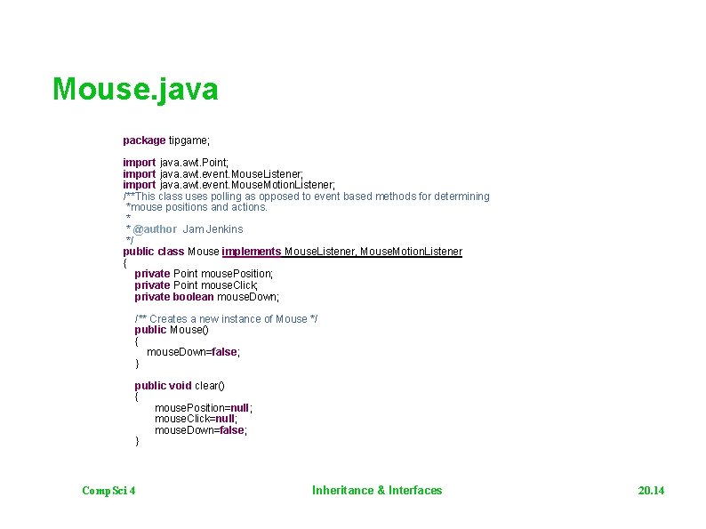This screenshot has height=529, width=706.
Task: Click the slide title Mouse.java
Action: coord(135,90)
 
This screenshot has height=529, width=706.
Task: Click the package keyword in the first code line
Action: coord(144,140)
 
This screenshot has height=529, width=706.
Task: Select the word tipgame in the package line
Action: coord(187,140)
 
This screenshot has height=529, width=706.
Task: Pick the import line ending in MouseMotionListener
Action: coord(229,185)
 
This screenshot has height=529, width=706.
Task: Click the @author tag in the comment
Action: coord(155,229)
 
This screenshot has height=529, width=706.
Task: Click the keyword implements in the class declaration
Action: coord(252,252)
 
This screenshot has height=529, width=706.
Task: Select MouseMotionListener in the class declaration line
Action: coord(411,252)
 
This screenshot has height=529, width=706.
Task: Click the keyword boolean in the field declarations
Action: coord(193,297)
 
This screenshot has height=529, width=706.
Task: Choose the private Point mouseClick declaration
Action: coord(196,285)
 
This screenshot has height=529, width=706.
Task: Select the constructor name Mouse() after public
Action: coord(189,330)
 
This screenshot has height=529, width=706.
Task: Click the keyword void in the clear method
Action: coord(181,386)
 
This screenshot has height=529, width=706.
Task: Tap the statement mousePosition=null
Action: coord(203,408)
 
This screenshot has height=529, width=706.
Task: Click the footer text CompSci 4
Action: coord(108,491)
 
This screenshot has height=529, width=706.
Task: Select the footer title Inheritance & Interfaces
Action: coord(377,491)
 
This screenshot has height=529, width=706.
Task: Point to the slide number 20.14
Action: coord(651,491)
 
